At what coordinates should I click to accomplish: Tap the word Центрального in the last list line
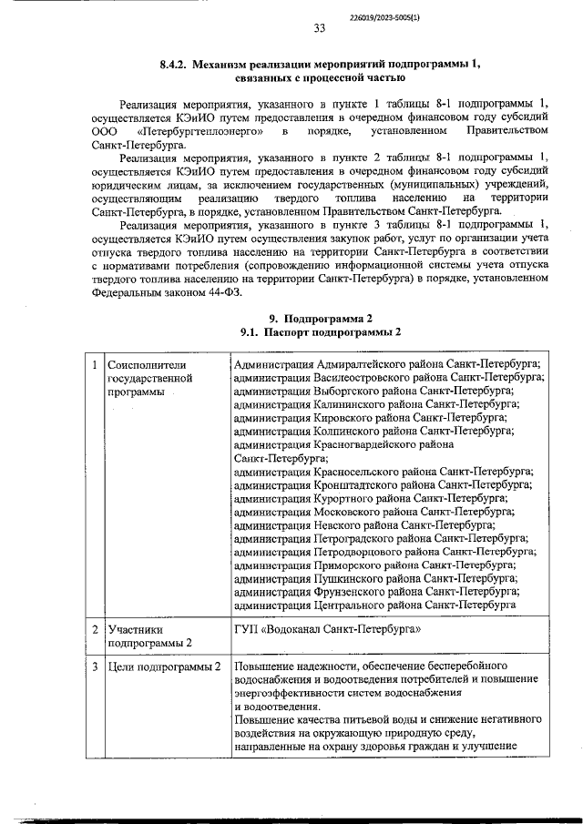(x=348, y=605)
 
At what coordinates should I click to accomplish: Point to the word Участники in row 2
(x=135, y=629)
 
